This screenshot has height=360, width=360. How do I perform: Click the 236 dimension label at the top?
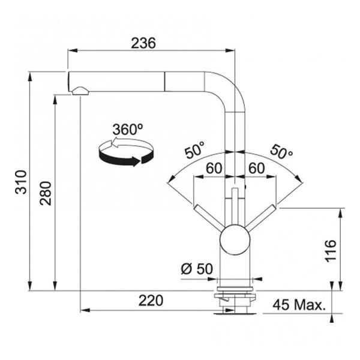(x=144, y=43)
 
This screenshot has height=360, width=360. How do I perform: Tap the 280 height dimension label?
(x=46, y=193)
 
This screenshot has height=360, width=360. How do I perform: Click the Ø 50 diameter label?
(x=196, y=269)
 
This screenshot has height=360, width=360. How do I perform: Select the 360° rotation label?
(x=127, y=130)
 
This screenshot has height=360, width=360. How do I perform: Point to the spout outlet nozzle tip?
(x=80, y=91)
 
